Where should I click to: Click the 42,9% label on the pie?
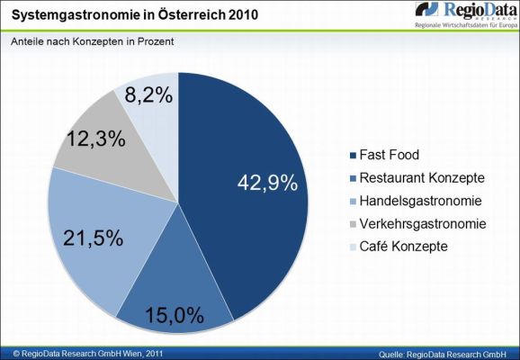point(266,183)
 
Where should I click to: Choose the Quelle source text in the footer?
point(444,353)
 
